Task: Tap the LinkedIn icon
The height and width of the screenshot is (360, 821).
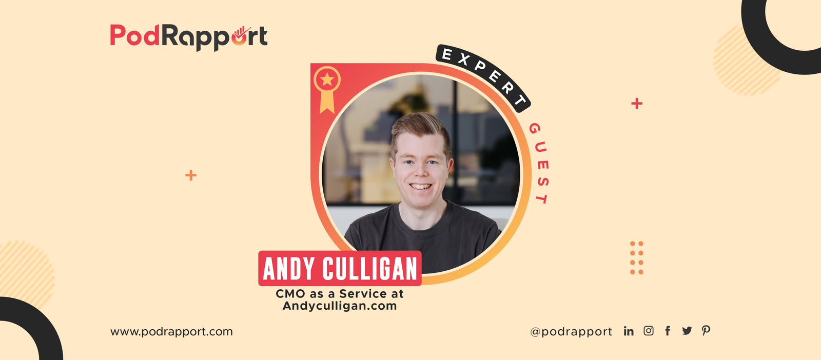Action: tap(629, 331)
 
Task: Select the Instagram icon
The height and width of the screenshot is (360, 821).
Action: tap(649, 331)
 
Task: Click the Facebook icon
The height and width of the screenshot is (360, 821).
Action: tap(668, 331)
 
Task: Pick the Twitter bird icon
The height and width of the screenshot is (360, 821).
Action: tap(687, 331)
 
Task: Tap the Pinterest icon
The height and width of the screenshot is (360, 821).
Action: tap(706, 331)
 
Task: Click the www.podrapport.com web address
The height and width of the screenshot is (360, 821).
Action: tap(171, 332)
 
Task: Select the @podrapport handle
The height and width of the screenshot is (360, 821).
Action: tap(571, 332)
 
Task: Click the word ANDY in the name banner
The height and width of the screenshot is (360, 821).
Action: tap(288, 269)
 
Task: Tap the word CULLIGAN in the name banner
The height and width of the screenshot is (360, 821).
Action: tap(370, 269)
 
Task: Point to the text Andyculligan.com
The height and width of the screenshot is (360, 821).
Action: tap(340, 306)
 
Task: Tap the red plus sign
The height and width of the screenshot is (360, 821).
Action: tap(637, 104)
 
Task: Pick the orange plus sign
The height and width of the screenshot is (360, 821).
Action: tap(191, 175)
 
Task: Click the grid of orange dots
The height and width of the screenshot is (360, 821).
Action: tap(636, 257)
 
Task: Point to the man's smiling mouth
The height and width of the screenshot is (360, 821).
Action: tap(421, 186)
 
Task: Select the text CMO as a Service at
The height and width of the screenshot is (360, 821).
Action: tap(340, 294)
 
